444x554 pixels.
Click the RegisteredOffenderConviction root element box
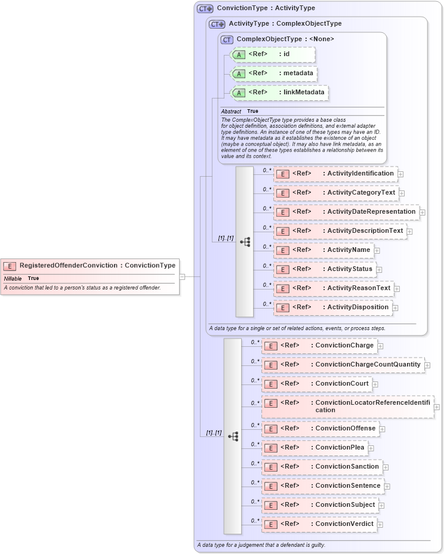click(90, 266)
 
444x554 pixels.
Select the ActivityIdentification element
click(335, 174)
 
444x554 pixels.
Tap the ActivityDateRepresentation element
click(346, 212)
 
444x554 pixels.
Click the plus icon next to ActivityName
click(377, 250)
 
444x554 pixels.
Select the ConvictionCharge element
click(319, 346)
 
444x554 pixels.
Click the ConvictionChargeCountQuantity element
click(343, 365)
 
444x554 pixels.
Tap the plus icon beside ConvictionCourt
click(375, 384)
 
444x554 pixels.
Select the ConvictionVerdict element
click(319, 524)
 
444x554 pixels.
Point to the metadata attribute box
click(272, 73)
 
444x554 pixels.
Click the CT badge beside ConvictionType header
click(205, 9)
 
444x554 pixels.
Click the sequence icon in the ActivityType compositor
click(245, 242)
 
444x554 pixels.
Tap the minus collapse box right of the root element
click(182, 276)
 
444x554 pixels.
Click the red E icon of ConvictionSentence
click(270, 486)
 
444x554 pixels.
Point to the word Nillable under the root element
click(13, 279)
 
